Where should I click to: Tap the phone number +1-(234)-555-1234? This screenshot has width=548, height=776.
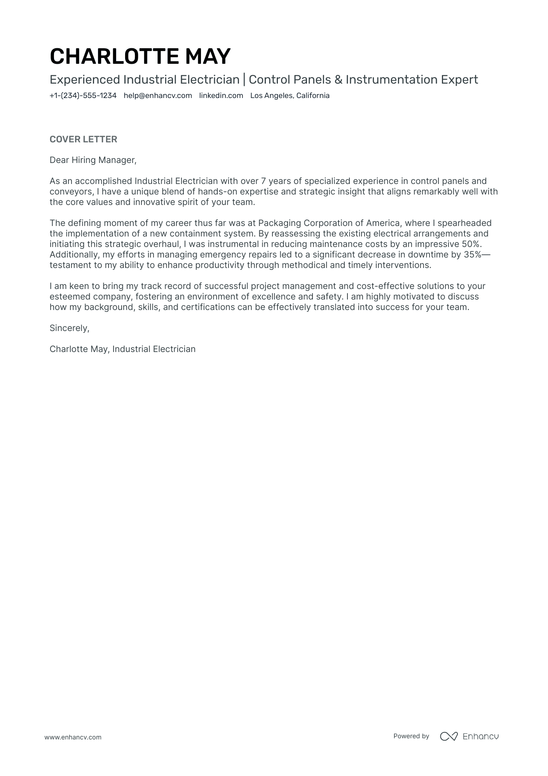pyautogui.click(x=83, y=96)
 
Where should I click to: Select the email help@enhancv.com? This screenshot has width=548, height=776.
pyautogui.click(x=158, y=96)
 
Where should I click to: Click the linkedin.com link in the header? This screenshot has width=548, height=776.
pyautogui.click(x=221, y=96)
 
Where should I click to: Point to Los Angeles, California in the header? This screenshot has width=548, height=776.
pyautogui.click(x=290, y=96)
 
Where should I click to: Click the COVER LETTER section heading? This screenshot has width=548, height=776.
pyautogui.click(x=83, y=139)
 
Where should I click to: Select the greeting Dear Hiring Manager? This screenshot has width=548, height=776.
pyautogui.click(x=93, y=160)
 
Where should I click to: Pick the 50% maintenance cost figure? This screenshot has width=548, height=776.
pyautogui.click(x=471, y=244)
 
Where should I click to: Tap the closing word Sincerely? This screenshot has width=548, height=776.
pyautogui.click(x=70, y=328)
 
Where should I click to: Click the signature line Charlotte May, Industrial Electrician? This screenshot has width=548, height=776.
pyautogui.click(x=122, y=349)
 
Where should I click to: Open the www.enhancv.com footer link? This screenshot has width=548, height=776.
pyautogui.click(x=73, y=737)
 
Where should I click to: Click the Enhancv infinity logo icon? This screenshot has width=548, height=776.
pyautogui.click(x=449, y=736)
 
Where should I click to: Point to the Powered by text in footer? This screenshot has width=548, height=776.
pyautogui.click(x=411, y=736)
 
